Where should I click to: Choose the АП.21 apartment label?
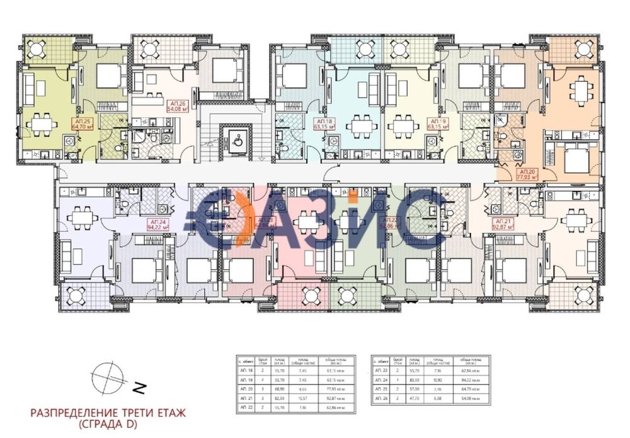[502, 225]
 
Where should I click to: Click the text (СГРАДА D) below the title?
[106, 425]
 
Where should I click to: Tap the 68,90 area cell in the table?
[278, 390]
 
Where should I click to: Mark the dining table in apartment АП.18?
[361, 124]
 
